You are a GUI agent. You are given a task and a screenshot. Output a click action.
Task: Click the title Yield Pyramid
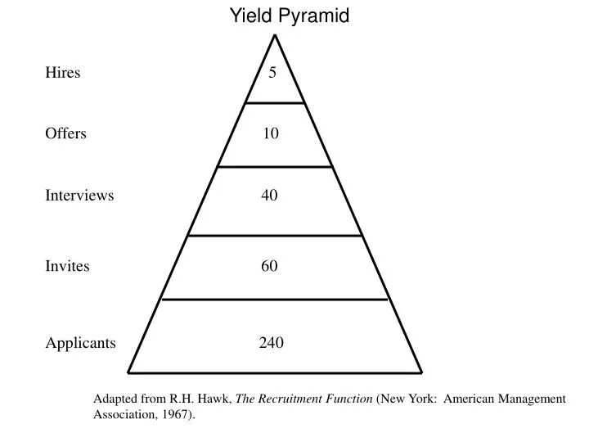pos(289,16)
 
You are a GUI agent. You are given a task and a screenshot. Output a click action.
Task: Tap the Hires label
pos(62,72)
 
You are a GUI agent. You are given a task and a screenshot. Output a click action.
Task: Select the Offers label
pos(65,133)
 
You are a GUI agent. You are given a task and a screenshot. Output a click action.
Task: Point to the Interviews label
pos(79,196)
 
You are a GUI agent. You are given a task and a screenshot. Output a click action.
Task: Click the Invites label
pos(67,266)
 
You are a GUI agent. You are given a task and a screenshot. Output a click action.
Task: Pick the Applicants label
pos(80,343)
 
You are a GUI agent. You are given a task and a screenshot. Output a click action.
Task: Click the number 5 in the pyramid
pos(272,73)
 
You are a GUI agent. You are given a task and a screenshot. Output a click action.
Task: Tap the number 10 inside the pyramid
pos(271,133)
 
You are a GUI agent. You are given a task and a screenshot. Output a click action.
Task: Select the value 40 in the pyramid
pos(270,196)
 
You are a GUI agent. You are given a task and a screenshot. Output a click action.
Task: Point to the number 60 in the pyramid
pos(270,266)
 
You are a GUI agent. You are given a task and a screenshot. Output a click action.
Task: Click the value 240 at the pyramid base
pos(272,343)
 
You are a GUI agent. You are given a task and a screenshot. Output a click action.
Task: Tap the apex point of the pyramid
pos(276,35)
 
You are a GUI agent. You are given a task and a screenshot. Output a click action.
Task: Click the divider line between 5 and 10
pos(275,103)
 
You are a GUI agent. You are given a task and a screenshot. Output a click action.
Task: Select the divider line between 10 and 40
pos(275,167)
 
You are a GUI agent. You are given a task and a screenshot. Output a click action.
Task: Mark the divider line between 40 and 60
pos(275,236)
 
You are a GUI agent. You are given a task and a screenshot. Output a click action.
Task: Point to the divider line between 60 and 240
pos(275,300)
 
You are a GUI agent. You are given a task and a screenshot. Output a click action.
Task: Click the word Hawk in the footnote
pos(218,399)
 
